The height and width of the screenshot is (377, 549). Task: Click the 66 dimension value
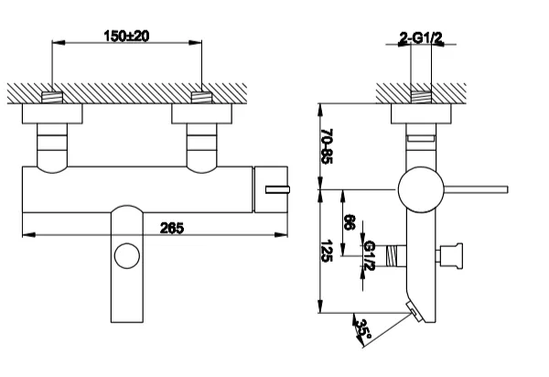(x=349, y=222)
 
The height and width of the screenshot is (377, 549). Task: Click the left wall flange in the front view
(x=55, y=113)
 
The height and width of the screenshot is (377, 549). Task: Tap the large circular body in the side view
(x=417, y=188)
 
